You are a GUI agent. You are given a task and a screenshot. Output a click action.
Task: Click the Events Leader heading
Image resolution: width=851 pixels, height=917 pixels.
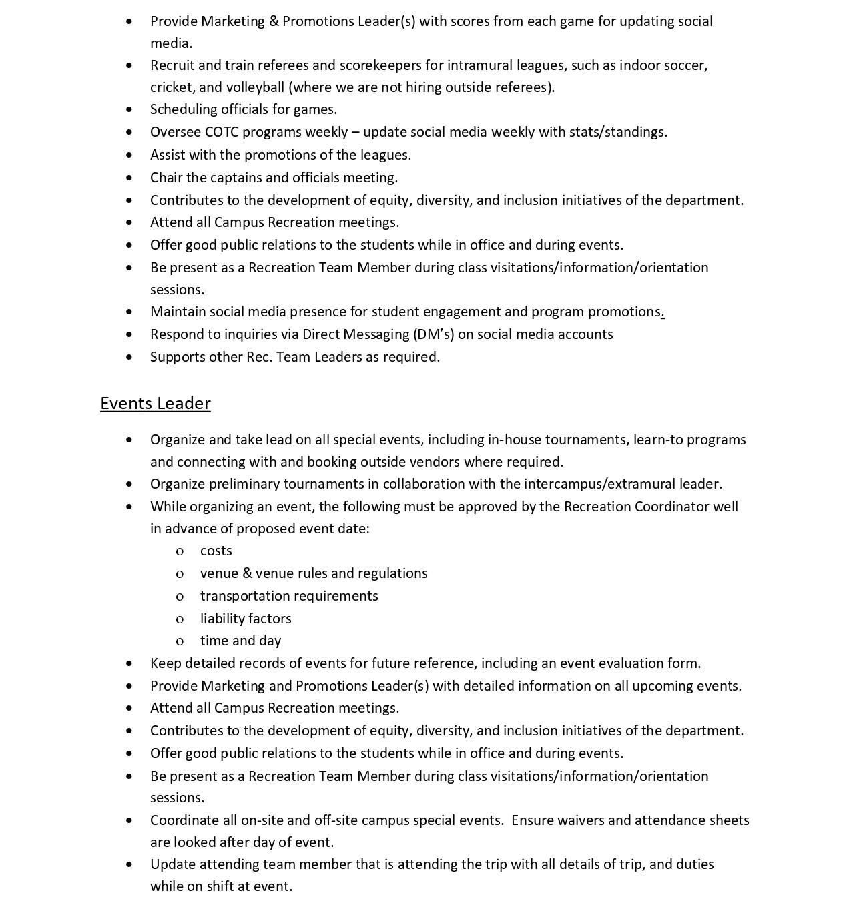156,404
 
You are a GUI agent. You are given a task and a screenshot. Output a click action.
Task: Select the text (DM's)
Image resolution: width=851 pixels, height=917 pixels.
433,334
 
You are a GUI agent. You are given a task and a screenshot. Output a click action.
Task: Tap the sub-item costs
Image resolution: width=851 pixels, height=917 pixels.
216,551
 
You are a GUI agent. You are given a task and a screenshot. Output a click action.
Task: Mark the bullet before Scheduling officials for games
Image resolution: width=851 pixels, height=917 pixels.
129,109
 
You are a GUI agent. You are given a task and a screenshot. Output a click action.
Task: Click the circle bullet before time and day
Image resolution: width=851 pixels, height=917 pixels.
180,641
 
